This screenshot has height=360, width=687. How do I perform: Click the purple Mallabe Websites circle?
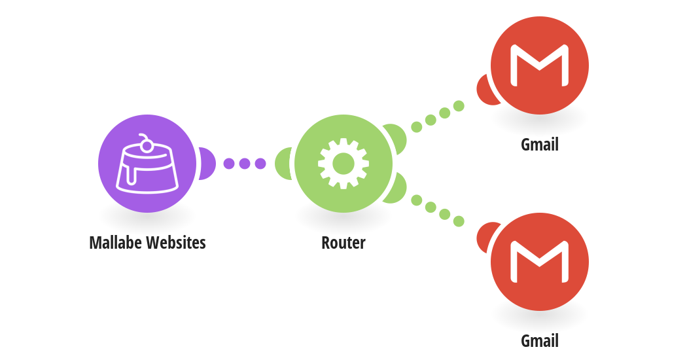147,164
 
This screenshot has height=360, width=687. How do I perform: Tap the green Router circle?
343,164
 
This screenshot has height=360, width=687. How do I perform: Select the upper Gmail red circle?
540,65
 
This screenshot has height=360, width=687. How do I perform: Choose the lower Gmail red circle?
540,262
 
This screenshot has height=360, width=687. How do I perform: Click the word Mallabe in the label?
116,242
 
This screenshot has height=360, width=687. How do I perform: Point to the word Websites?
176,242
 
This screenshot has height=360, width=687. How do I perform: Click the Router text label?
343,242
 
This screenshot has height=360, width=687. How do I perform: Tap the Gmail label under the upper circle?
540,145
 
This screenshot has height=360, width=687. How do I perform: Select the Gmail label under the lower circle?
540,341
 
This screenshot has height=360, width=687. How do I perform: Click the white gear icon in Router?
343,164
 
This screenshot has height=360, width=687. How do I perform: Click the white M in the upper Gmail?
540,65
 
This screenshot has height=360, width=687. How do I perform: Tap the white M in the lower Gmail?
540,262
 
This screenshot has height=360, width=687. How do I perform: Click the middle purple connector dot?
245,164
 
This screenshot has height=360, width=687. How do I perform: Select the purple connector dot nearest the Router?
260,164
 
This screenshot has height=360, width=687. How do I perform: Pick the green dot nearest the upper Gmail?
459,105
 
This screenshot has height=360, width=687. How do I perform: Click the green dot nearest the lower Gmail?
459,221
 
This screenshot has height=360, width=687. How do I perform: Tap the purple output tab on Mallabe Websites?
207,164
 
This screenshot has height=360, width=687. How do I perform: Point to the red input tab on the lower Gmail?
485,237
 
